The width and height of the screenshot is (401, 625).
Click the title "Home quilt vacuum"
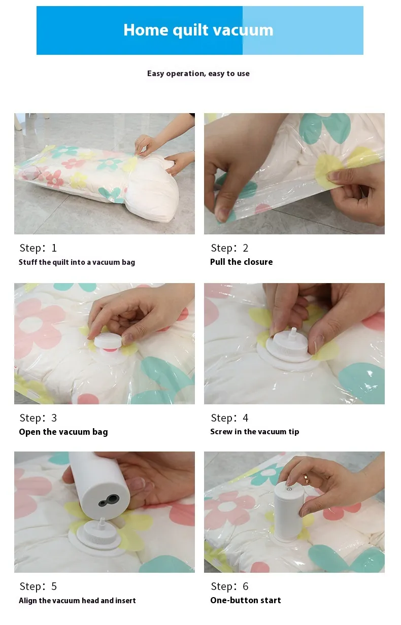198,30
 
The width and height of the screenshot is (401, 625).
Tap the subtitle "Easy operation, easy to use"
198,74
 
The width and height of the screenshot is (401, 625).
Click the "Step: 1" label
38,248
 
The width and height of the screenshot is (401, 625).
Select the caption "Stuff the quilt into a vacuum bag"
77,262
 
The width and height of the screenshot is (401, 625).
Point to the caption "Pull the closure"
241,262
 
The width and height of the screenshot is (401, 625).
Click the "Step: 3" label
38,418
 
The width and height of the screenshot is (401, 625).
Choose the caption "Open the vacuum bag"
63,432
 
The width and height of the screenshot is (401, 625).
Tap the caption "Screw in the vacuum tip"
255,432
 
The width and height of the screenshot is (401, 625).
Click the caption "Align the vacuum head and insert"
77,601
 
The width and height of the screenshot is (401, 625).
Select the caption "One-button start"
246,600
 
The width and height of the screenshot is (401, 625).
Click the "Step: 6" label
229,586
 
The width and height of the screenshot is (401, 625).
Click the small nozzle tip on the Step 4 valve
293,332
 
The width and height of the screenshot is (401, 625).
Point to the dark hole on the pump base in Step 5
113,498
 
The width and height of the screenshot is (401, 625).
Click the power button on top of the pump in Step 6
289,489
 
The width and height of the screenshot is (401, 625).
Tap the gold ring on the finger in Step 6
306,478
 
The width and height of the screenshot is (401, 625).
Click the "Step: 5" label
38,586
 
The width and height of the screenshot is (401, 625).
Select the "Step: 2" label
229,248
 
